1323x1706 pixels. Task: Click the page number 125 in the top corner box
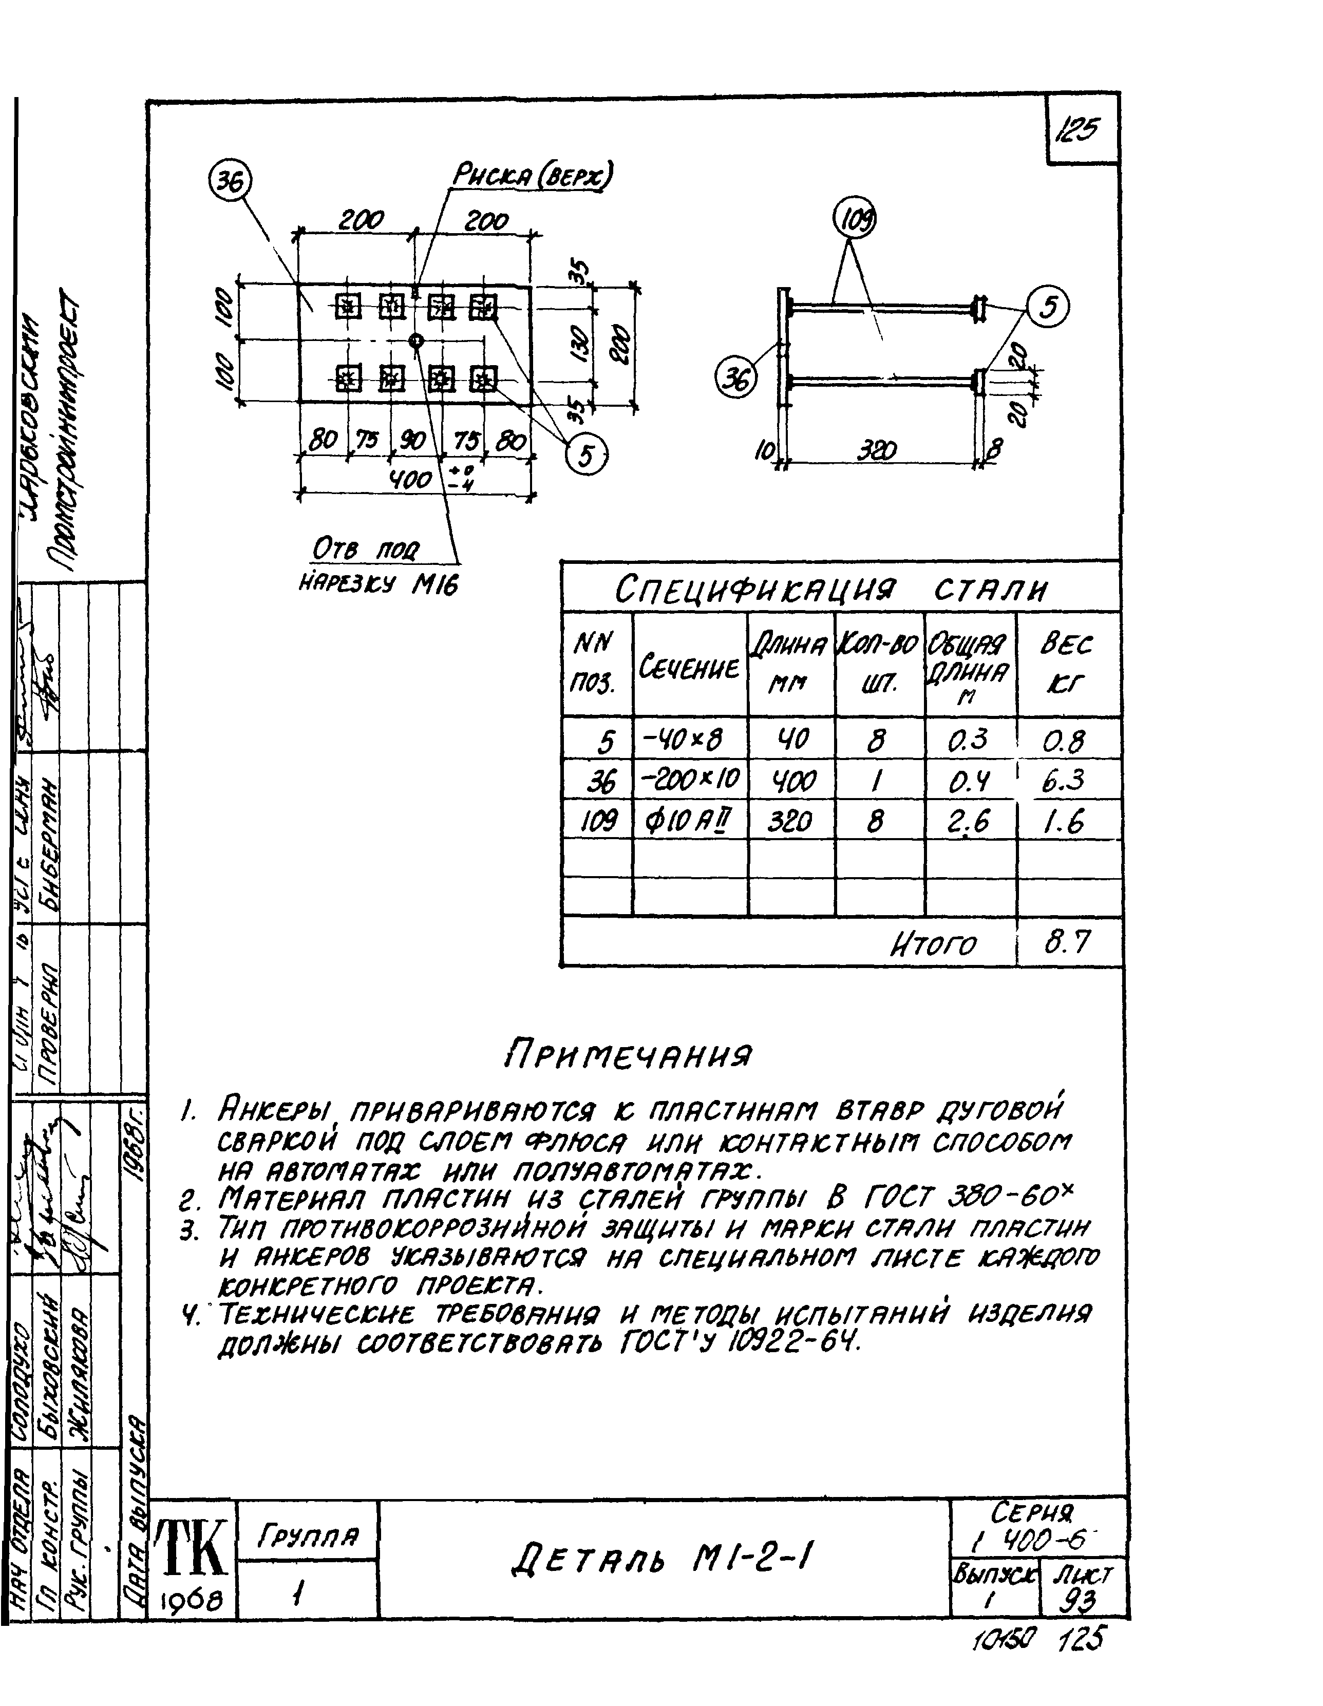tap(1076, 129)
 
